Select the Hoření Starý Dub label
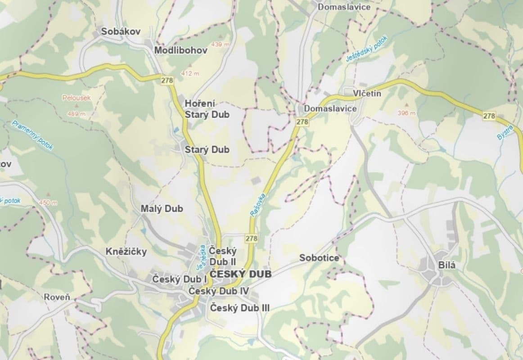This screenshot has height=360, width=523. click(x=207, y=109)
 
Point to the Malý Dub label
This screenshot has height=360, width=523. click(x=162, y=209)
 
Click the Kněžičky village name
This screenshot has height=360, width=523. click(x=126, y=252)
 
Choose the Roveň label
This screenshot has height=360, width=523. click(x=57, y=297)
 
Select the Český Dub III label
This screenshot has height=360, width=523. click(x=240, y=308)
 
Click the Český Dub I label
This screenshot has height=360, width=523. click(x=179, y=279)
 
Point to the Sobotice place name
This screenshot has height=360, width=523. click(x=319, y=258)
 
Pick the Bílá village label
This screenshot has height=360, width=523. click(x=447, y=265)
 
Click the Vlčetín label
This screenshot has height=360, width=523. click(x=367, y=94)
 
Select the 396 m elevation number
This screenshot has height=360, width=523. click(x=407, y=113)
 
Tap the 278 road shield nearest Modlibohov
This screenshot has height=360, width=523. click(x=167, y=80)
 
